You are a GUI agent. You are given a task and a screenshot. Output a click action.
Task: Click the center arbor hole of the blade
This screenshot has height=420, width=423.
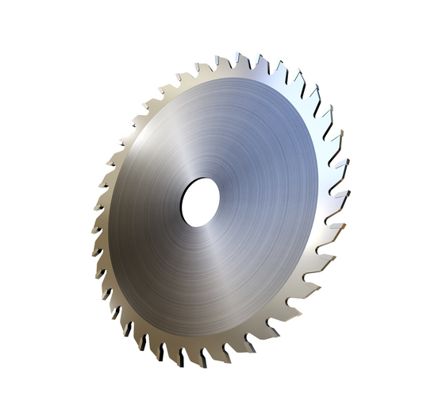pyautogui.click(x=199, y=201)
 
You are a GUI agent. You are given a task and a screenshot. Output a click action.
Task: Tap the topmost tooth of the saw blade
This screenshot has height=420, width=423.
pyautogui.click(x=237, y=59)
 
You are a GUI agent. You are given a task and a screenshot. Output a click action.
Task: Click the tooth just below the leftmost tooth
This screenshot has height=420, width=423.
pyautogui.click(x=96, y=253)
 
